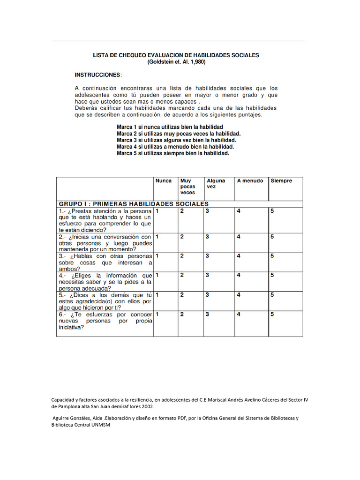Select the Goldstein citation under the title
coord(176,62)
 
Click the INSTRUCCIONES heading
coord(97,75)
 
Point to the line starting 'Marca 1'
coord(170,127)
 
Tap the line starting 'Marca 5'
coord(172,153)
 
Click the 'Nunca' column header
coord(164,181)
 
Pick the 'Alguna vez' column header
coord(216,184)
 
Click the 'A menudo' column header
coord(250,181)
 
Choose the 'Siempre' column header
coord(281,181)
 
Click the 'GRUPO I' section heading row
coord(134,204)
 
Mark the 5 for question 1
coord(272,211)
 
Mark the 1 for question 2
coord(157,237)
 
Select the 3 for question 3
coord(207,256)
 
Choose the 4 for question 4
coord(238,275)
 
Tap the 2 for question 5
coord(182,295)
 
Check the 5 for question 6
coord(272,314)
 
